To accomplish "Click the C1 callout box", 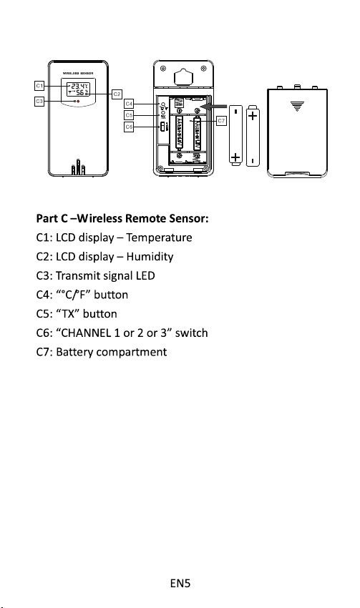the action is point(39,85).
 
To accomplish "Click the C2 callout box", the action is point(117,94).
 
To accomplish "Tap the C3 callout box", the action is point(39,101).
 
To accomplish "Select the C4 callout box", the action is point(129,104).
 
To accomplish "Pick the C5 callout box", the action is point(129,115).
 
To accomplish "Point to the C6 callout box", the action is point(129,127).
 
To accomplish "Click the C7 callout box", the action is point(221,121).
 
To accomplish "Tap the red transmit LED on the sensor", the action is point(78,101).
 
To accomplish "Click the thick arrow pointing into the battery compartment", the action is point(214,107).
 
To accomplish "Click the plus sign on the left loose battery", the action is point(235,157).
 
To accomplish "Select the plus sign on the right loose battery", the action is point(253,116).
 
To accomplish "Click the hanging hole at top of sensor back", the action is point(183,77).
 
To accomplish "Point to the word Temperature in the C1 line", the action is point(159,237).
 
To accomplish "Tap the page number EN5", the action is point(180,583).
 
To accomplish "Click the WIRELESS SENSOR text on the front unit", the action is point(78,73).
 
